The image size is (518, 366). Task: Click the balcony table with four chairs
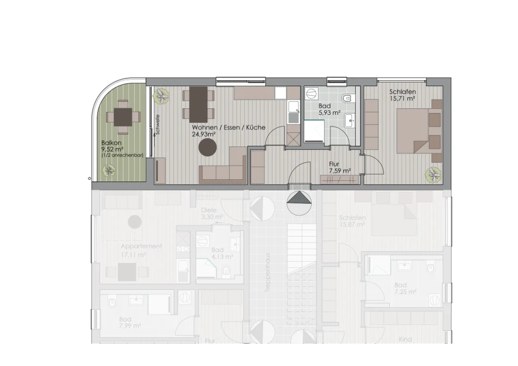pyautogui.click(x=122, y=117)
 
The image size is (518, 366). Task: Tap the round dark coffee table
pyautogui.click(x=206, y=149)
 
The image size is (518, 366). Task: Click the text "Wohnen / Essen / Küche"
pyautogui.click(x=229, y=127)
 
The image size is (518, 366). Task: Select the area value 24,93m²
pyautogui.click(x=205, y=134)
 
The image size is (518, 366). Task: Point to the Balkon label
pyautogui.click(x=111, y=142)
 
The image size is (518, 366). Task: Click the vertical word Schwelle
pyautogui.click(x=157, y=123)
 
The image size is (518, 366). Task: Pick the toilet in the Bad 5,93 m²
pyautogui.click(x=347, y=97)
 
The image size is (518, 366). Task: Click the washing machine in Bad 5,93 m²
pyautogui.click(x=311, y=96)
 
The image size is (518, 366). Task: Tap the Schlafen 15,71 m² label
pyautogui.click(x=402, y=95)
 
